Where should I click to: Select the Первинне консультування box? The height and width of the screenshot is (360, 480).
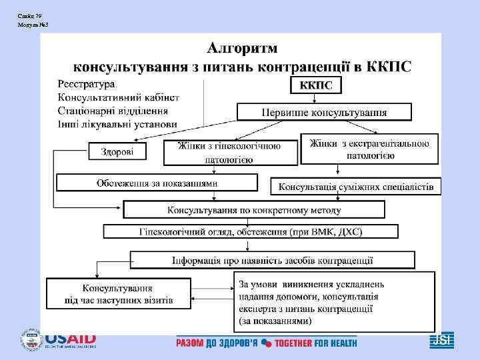pyautogui.click(x=325, y=111)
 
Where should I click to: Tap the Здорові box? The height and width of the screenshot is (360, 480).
pyautogui.click(x=117, y=152)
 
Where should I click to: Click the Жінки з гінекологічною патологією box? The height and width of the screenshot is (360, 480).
pyautogui.click(x=229, y=152)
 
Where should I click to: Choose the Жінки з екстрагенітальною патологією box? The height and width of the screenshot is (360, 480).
pyautogui.click(x=369, y=149)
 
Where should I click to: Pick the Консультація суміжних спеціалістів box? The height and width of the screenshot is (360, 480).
pyautogui.click(x=355, y=187)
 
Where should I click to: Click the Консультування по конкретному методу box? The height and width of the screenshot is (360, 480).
pyautogui.click(x=254, y=210)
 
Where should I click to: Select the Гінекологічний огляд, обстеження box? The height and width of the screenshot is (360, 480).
pyautogui.click(x=250, y=231)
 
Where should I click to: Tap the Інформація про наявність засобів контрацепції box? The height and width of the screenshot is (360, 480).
pyautogui.click(x=272, y=259)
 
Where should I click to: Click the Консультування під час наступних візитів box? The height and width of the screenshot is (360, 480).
pyautogui.click(x=117, y=294)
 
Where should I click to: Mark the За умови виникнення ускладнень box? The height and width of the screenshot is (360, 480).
pyautogui.click(x=333, y=302)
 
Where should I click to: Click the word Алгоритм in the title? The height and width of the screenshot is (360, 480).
pyautogui.click(x=243, y=49)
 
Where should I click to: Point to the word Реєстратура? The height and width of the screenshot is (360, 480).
pyautogui.click(x=86, y=84)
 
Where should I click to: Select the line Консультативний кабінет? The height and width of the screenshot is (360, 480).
pyautogui.click(x=118, y=97)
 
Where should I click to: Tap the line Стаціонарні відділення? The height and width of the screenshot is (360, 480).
pyautogui.click(x=113, y=111)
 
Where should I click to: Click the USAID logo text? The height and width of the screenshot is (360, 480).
pyautogui.click(x=71, y=339)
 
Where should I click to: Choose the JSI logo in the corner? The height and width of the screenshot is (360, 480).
pyautogui.click(x=441, y=340)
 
